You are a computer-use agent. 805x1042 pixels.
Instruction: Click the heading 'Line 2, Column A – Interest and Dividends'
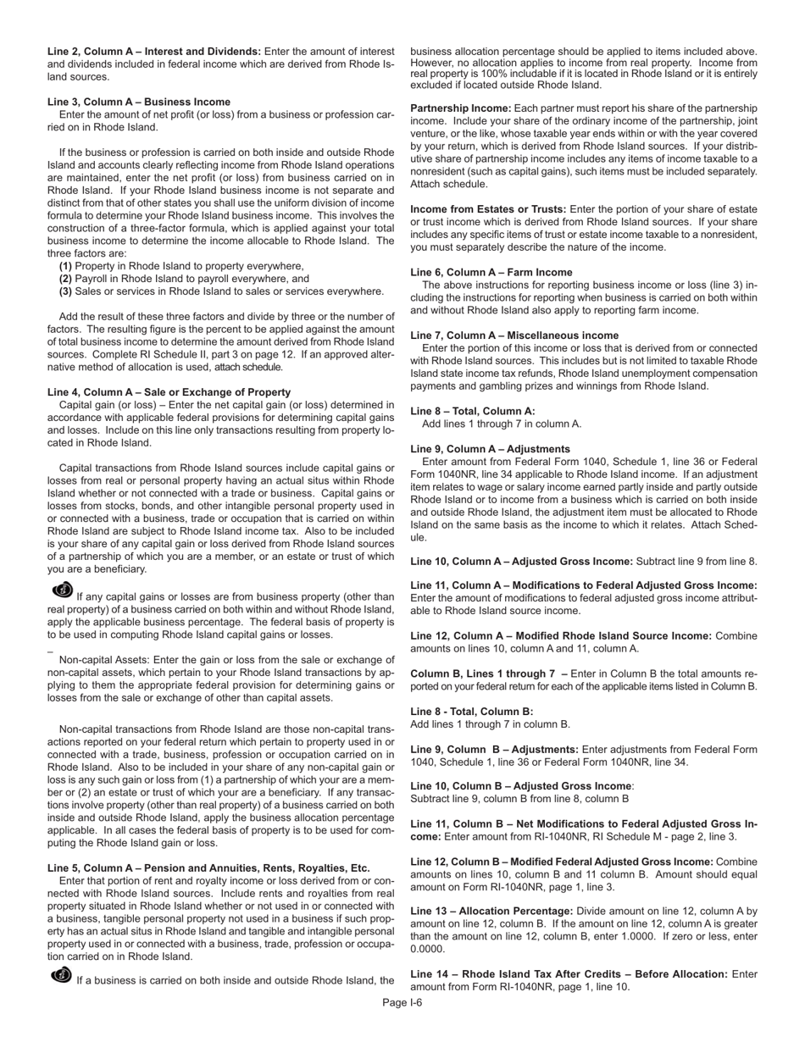pyautogui.click(x=154, y=52)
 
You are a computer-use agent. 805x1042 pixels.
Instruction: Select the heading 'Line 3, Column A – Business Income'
pyautogui.click(x=139, y=102)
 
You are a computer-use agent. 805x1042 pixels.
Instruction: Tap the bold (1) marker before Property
pyautogui.click(x=65, y=266)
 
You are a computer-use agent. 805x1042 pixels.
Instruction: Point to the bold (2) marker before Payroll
pyautogui.click(x=65, y=279)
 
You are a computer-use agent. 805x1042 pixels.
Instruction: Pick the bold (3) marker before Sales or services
pyautogui.click(x=65, y=291)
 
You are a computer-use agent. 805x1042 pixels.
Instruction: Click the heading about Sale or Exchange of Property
pyautogui.click(x=169, y=392)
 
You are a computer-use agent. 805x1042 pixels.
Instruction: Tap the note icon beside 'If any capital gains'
pyautogui.click(x=63, y=590)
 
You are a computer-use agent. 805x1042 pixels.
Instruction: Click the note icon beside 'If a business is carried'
pyautogui.click(x=62, y=975)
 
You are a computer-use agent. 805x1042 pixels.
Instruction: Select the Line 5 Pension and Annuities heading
pyautogui.click(x=208, y=868)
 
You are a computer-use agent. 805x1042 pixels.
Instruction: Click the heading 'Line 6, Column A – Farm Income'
pyautogui.click(x=491, y=273)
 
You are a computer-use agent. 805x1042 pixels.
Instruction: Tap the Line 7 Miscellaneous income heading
pyautogui.click(x=514, y=335)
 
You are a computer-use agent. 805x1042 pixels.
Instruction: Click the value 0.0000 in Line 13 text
pyautogui.click(x=428, y=950)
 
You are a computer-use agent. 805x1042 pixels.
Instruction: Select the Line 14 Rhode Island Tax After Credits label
pyautogui.click(x=569, y=974)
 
